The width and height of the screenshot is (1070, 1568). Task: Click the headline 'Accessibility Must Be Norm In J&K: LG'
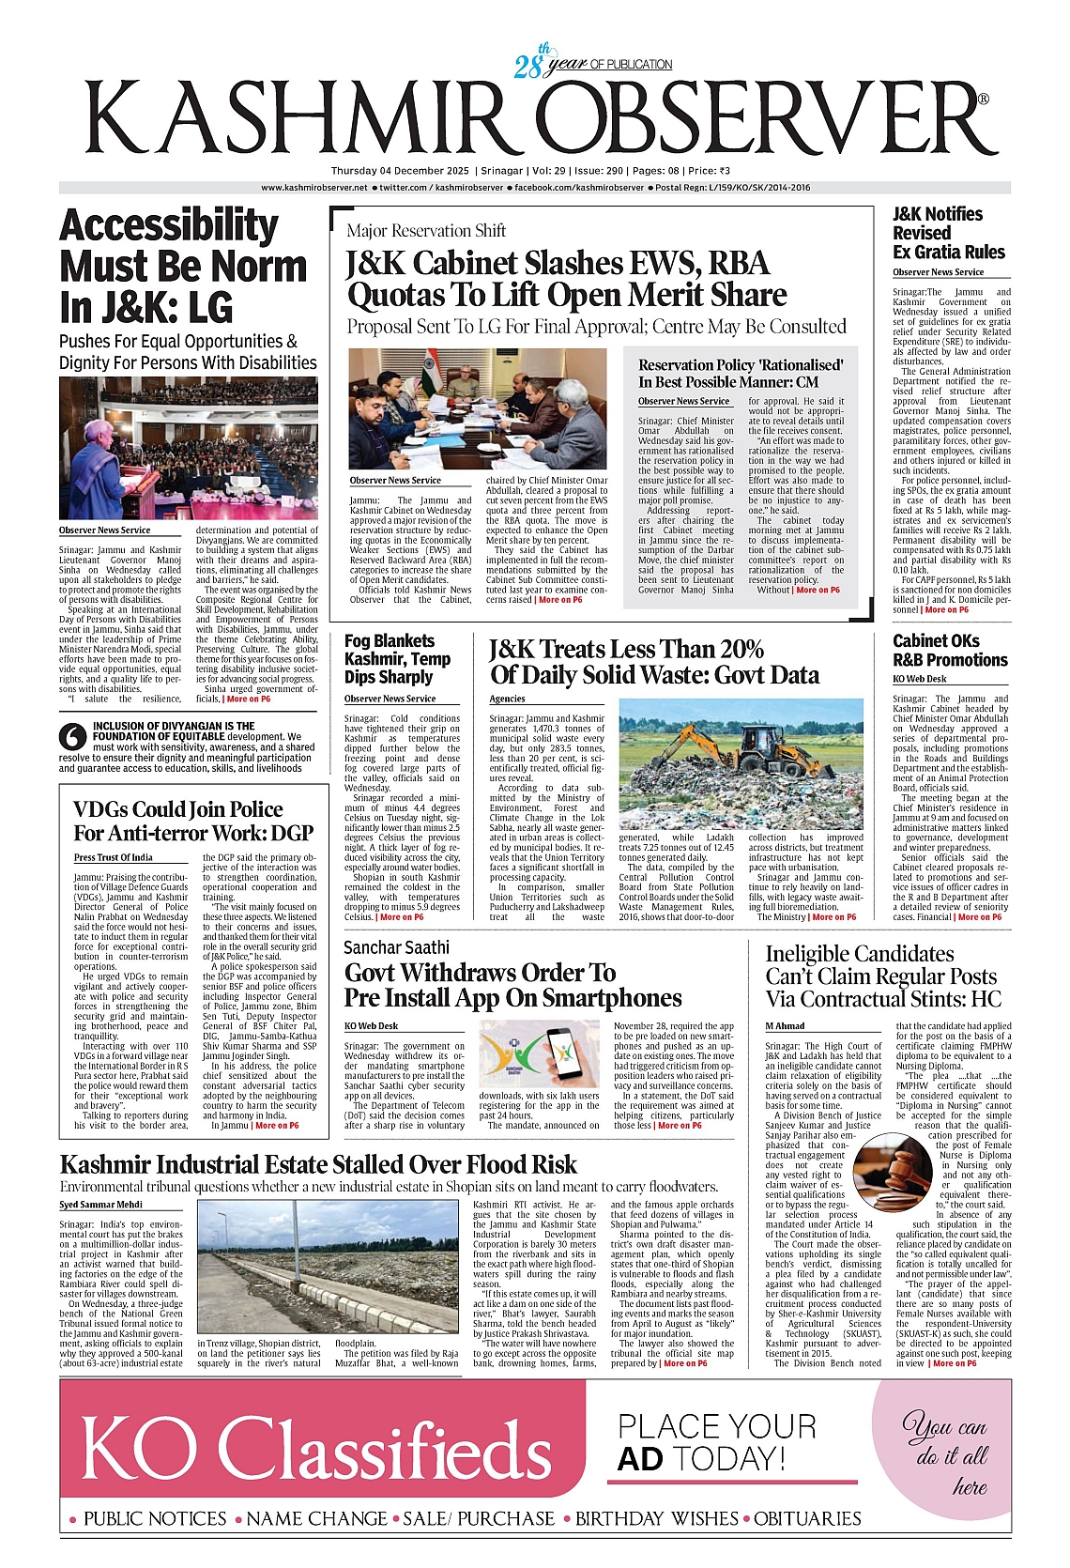pyautogui.click(x=183, y=267)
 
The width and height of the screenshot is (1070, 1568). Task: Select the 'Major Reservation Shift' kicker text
pyautogui.click(x=426, y=231)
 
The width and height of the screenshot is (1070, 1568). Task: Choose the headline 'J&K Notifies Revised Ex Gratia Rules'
pyautogui.click(x=948, y=233)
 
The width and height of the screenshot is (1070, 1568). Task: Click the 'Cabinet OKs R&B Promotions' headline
pyautogui.click(x=949, y=651)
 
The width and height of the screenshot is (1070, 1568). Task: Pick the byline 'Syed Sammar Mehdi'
pyautogui.click(x=101, y=1205)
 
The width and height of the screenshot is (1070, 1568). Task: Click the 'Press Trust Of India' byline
pyautogui.click(x=115, y=857)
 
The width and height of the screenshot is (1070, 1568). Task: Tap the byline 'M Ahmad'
pyautogui.click(x=785, y=1026)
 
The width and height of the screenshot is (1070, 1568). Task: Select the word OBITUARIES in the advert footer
pyautogui.click(x=807, y=1518)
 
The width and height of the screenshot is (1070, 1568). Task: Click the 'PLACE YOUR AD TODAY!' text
pyautogui.click(x=716, y=1442)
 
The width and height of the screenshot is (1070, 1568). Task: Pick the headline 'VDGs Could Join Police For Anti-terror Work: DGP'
pyautogui.click(x=193, y=822)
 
